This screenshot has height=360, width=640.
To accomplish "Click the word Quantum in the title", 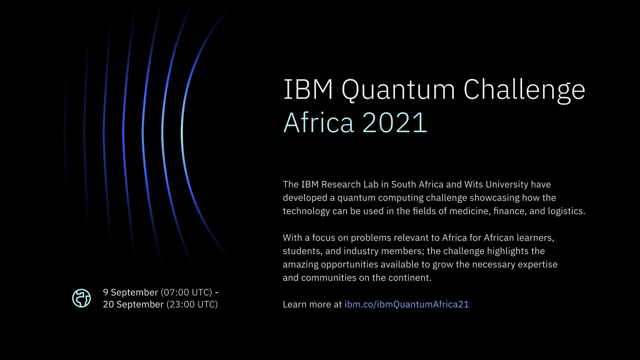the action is (x=398, y=91).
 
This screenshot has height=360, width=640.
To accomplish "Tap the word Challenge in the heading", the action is (x=524, y=91).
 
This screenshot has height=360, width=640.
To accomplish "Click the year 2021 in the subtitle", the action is (x=395, y=123).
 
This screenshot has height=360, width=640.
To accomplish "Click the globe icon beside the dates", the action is (x=81, y=298).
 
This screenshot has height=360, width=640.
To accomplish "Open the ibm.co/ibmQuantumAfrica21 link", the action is (x=406, y=304).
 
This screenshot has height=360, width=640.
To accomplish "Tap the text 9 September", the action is (x=130, y=292).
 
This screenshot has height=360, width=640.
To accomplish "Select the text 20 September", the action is (x=133, y=304).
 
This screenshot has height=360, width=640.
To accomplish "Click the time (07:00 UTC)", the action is (x=187, y=292).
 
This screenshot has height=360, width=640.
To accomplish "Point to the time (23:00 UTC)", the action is (x=192, y=304).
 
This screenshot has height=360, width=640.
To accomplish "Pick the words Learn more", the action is (x=307, y=304).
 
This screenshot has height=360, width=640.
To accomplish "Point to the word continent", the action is (x=411, y=278).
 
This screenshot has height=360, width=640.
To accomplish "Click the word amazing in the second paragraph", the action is (x=300, y=265).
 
